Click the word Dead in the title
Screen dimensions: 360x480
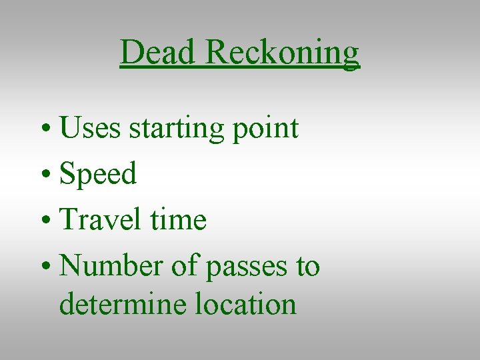pyautogui.click(x=159, y=52)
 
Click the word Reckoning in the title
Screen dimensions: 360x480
pyautogui.click(x=283, y=53)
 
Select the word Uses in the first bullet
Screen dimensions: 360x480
pyautogui.click(x=90, y=127)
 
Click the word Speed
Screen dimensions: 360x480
pyautogui.click(x=98, y=174)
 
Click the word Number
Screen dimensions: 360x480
pyautogui.click(x=107, y=266)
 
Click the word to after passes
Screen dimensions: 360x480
pyautogui.click(x=308, y=267)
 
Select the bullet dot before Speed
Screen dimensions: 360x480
pyautogui.click(x=46, y=175)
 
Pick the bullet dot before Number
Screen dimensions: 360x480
pyautogui.click(x=46, y=267)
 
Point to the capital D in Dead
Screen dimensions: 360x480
pyautogui.click(x=131, y=52)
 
